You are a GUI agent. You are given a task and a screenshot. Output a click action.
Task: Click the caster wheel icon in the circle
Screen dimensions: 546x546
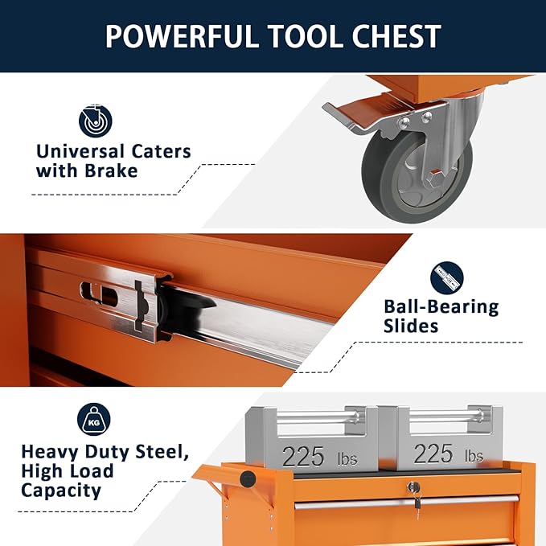[95, 121]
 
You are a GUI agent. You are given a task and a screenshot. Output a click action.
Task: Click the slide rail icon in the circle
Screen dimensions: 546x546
[447, 277]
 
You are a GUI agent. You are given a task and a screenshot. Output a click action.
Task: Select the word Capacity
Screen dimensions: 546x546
[61, 490]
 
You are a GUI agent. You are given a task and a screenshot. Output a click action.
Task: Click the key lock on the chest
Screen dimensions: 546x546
[413, 487]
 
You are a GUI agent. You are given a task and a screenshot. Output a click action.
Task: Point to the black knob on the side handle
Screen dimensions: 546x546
[248, 479]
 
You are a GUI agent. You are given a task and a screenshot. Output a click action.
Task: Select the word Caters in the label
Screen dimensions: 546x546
[161, 151]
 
